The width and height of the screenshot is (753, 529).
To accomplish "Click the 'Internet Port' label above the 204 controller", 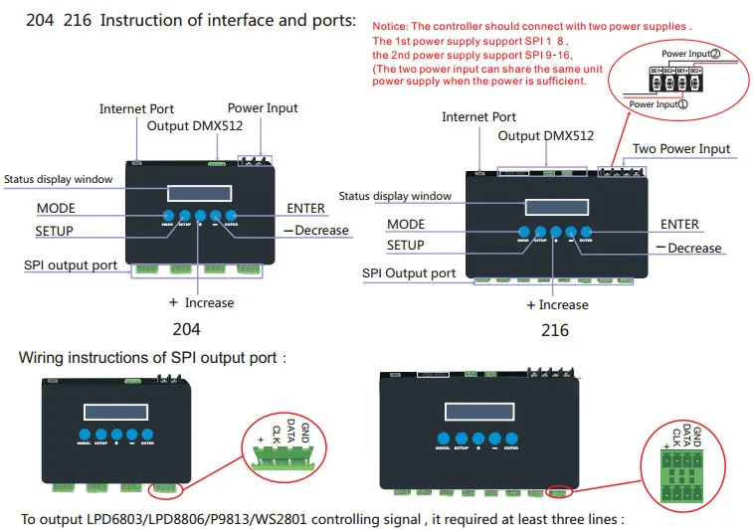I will [x=136, y=108].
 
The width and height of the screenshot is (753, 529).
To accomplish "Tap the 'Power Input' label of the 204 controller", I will [x=263, y=107].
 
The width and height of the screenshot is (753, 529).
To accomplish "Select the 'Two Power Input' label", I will [x=681, y=149].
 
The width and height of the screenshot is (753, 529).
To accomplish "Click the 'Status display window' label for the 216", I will [x=395, y=197].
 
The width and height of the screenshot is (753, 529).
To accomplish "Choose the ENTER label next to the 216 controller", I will [x=679, y=225].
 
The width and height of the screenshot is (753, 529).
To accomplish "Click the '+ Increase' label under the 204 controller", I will [x=202, y=302].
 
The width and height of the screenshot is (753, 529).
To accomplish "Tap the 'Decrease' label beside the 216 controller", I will [x=694, y=248].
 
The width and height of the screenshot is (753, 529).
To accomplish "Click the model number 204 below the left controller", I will [x=186, y=329].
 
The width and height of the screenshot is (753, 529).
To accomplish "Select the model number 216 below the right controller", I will [x=555, y=329].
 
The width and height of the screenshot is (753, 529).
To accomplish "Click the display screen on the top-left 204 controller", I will [x=198, y=193].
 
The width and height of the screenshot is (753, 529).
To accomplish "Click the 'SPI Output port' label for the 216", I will [x=409, y=273].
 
